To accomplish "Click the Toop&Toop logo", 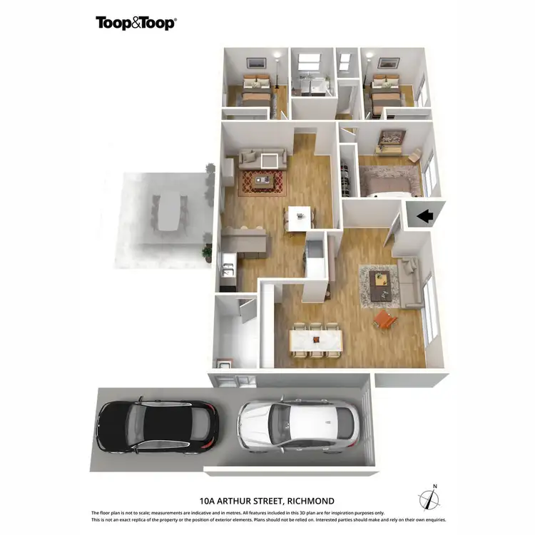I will pyautogui.click(x=136, y=23).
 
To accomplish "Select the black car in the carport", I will pyautogui.click(x=157, y=427).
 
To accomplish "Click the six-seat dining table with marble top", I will pyautogui.click(x=316, y=340).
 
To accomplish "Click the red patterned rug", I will pyautogui.click(x=263, y=182).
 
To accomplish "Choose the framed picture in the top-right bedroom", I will pyautogui.click(x=388, y=63).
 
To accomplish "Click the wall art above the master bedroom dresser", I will pyautogui.click(x=392, y=136).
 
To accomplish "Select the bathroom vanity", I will pyautogui.click(x=309, y=86).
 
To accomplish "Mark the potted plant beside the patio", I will pyautogui.click(x=208, y=252).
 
